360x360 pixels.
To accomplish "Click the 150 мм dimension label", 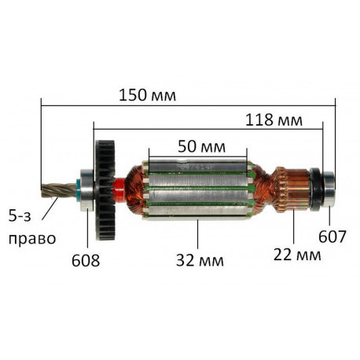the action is click(147, 95).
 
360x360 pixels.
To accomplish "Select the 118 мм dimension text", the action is click(274, 120).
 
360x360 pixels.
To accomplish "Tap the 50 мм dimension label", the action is click(201, 146).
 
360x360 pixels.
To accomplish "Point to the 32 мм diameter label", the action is click(200, 260).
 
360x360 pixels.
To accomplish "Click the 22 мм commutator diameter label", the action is click(297, 255).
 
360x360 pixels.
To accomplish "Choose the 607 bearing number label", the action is click(332, 237).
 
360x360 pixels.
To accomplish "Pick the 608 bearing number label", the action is click(86, 261).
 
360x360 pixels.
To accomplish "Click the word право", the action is click(32, 238).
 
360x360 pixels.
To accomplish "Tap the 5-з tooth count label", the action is click(20, 216).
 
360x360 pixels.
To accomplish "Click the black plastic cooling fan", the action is click(105, 190).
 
